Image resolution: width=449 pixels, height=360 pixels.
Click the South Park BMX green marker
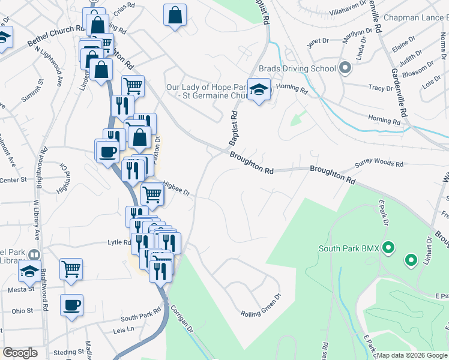[x=388, y=247]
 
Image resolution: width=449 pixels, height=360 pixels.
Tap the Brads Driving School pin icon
[x=345, y=68]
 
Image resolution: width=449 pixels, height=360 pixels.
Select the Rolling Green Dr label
[x=261, y=313]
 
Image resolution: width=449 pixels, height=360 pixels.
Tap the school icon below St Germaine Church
[x=259, y=90]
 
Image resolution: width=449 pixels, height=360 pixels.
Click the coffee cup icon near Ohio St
[x=71, y=305]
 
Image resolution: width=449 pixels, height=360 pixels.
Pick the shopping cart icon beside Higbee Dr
[x=152, y=194]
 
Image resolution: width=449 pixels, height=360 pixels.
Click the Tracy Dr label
[x=381, y=88]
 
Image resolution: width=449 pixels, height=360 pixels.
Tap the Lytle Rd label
[x=119, y=242]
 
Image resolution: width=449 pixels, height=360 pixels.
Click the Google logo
[x=20, y=353]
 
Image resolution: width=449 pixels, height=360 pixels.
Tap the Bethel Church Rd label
[x=57, y=36]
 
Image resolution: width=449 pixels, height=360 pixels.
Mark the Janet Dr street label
[x=318, y=43]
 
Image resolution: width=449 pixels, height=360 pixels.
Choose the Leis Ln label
[x=123, y=331]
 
